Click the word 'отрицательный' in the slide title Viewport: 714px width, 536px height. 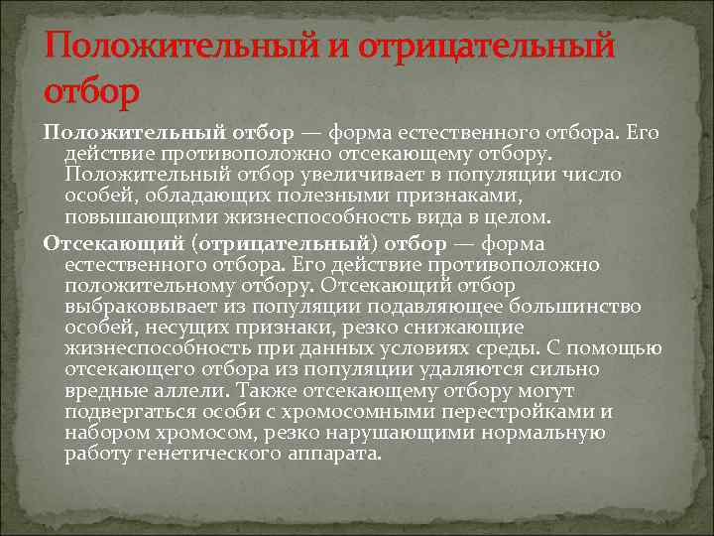(486, 46)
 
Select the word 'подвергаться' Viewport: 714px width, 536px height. (125, 412)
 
